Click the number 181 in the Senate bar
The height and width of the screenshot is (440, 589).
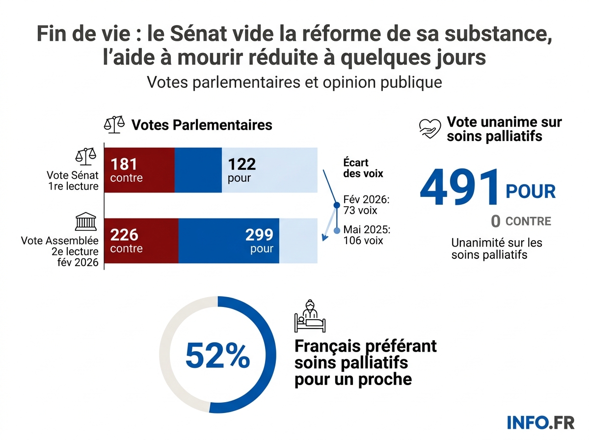tap(124, 164)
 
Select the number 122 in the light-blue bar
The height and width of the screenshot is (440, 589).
tap(241, 164)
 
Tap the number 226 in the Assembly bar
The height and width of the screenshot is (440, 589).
tap(124, 235)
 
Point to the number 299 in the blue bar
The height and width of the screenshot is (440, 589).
tap(259, 235)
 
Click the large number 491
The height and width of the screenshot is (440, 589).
tap(459, 189)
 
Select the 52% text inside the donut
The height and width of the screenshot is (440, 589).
tap(217, 356)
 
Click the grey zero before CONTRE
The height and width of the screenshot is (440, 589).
tap(496, 222)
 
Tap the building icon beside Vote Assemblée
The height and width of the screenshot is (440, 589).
tap(85, 222)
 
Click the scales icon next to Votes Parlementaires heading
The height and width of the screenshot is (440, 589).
tap(114, 125)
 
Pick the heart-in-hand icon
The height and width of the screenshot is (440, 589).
tap(430, 128)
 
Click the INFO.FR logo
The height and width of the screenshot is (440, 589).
tap(534, 422)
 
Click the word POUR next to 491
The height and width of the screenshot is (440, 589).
tap(531, 192)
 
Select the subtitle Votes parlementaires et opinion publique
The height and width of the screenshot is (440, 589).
tap(294, 82)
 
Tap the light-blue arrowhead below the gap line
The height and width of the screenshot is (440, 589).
tap(324, 239)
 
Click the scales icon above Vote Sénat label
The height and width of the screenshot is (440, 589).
tap(85, 156)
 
